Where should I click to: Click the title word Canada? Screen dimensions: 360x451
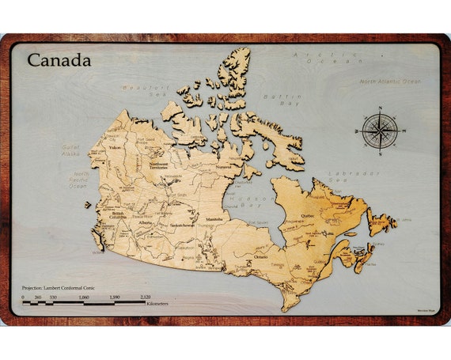(x=59, y=59)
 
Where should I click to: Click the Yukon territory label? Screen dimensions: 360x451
(x=115, y=147)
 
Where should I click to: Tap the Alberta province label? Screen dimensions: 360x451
(x=145, y=223)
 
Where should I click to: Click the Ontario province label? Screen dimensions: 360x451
(x=260, y=256)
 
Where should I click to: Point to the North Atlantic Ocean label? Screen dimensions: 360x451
(x=390, y=81)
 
